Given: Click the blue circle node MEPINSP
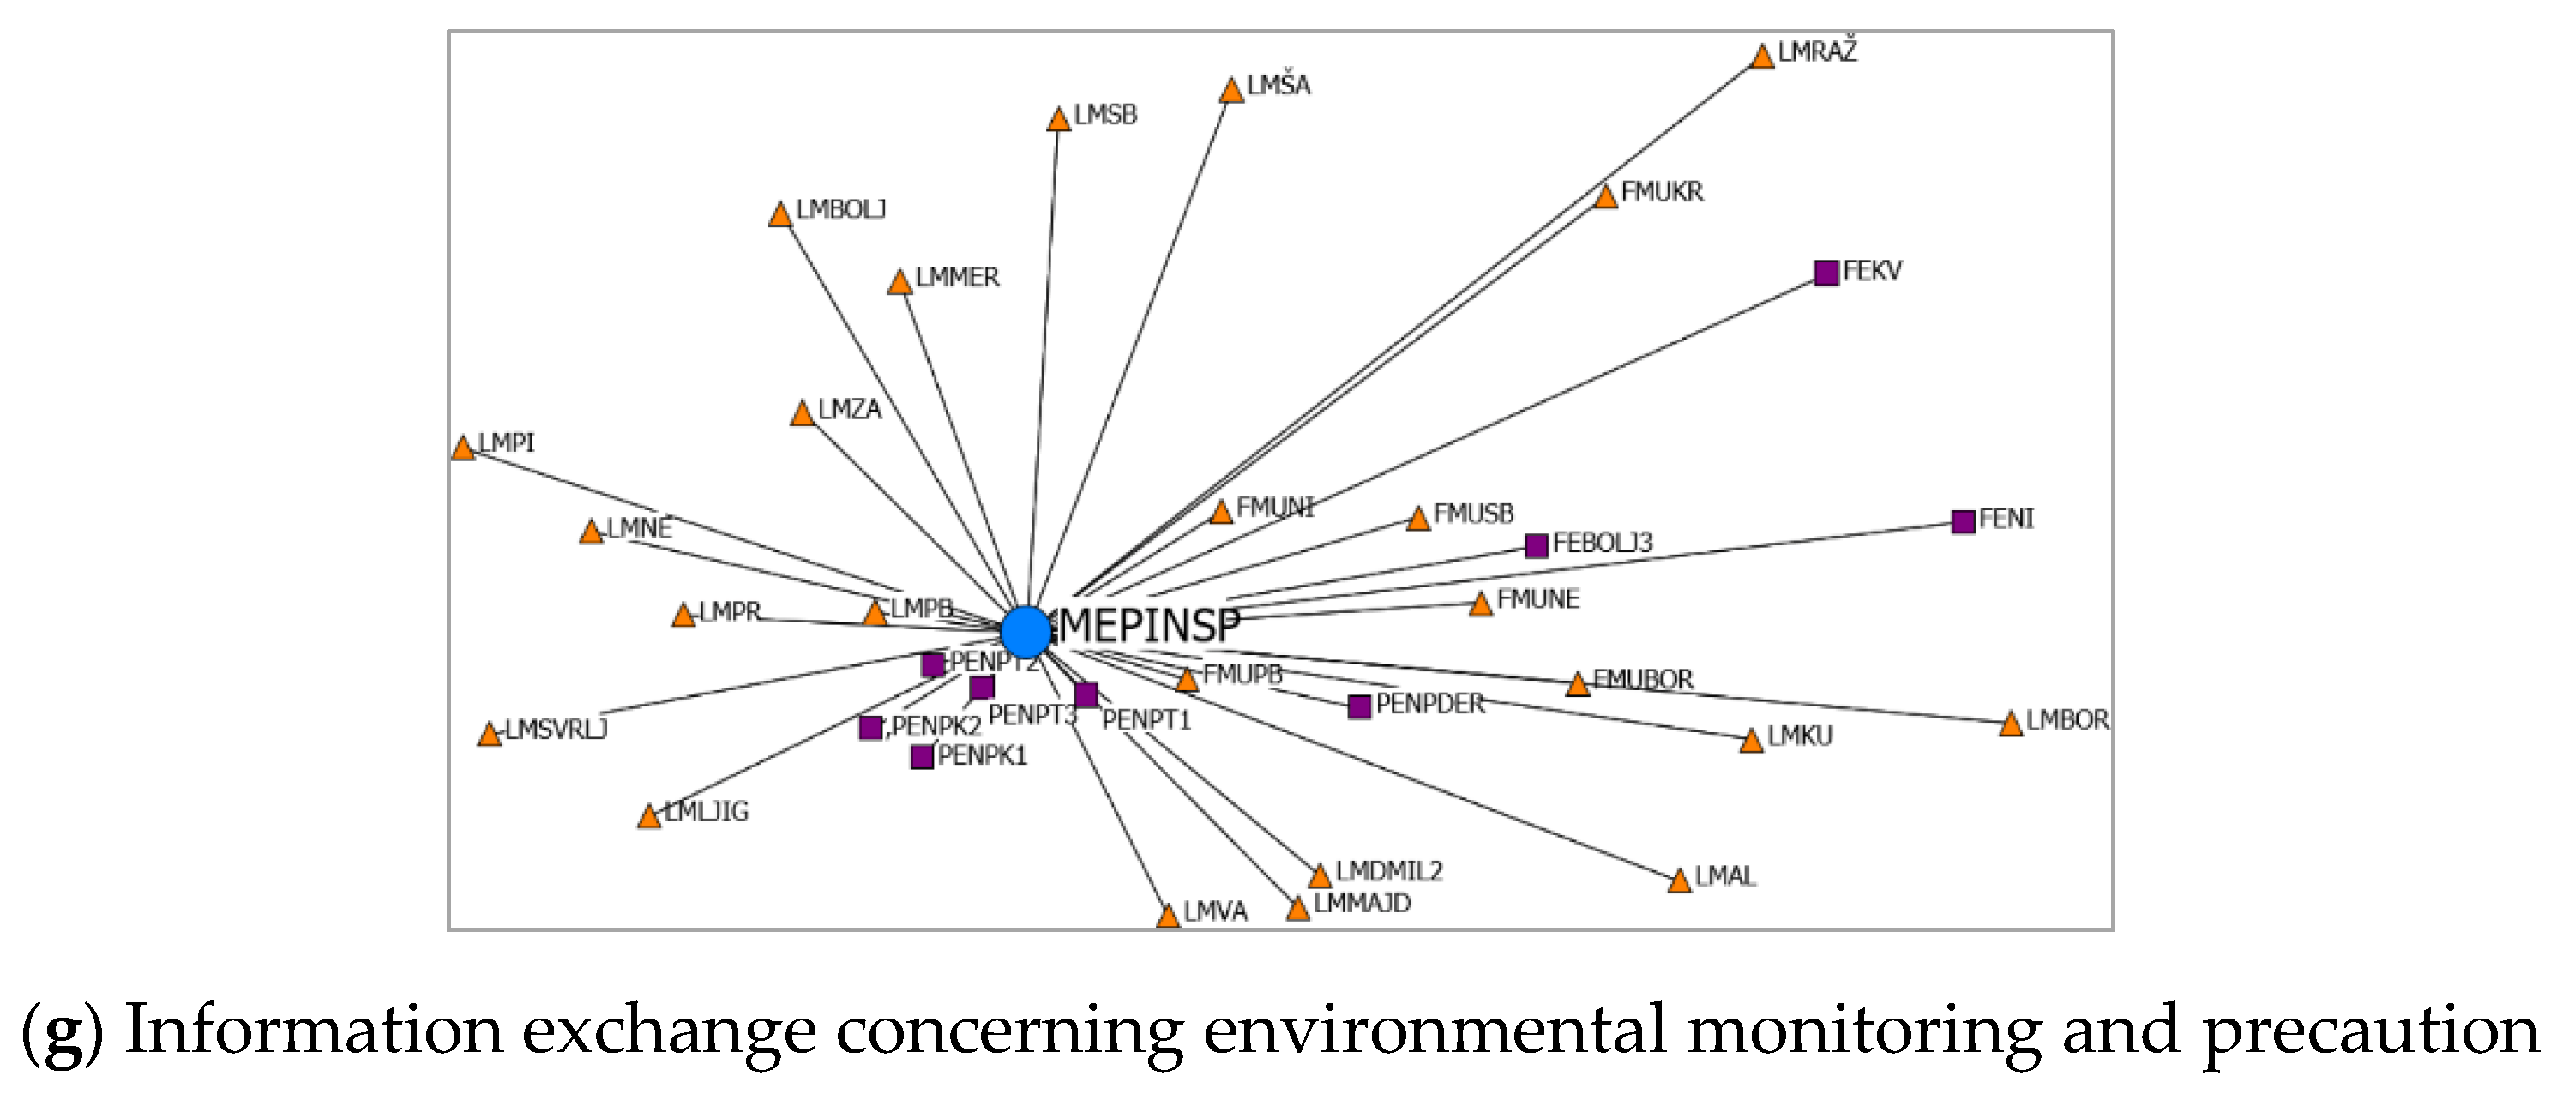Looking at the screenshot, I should pos(1026,630).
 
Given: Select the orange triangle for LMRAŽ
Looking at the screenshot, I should pos(1762,57).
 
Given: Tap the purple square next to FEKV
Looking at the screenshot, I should pos(1826,272).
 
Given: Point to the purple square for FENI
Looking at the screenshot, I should pos(1963,521).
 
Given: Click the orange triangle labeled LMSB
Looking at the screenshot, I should pos(1058,120).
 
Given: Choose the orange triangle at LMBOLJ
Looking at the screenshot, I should pos(780,215).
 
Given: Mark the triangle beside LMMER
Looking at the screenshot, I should pos(899,284).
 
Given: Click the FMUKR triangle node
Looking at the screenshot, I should pos(1605,197).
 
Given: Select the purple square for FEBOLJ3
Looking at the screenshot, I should pos(1536,545).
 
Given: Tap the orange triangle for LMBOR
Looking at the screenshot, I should pos(2010,724).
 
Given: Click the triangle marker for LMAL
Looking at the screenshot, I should pos(1679,881).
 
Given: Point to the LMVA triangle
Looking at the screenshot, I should pos(1169,917).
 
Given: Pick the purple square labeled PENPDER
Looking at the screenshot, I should pos(1359,706).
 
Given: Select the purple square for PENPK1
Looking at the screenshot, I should pos(921,757).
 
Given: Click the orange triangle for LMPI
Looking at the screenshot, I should pos(462,448).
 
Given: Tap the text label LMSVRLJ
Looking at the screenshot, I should pos(556,730).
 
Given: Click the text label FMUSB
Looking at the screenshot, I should pos(1473,514).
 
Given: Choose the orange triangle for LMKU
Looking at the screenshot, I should pos(1751,742).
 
